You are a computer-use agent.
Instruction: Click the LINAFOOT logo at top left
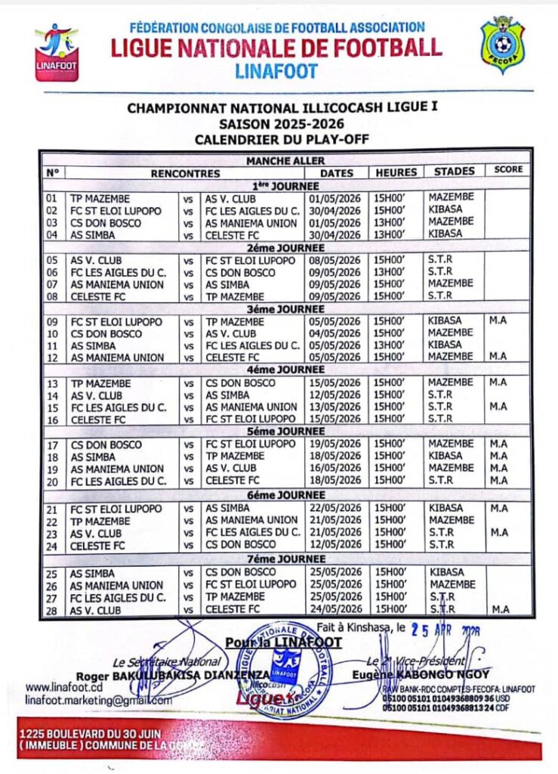pos(56,51)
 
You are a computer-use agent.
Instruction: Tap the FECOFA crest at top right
pos(503,45)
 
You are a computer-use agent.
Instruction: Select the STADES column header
pos(454,172)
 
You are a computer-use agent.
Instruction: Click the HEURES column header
pos(396,172)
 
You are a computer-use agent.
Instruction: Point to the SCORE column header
pos(508,170)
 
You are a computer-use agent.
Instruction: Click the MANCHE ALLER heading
pos(285,160)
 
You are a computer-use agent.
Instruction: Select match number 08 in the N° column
pos(52,297)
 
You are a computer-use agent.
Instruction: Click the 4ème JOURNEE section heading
pos(285,370)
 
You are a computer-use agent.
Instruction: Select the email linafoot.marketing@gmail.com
pos(98,701)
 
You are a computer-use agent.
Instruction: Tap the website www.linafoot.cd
pos(63,688)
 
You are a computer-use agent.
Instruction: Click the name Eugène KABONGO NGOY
pos(420,674)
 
